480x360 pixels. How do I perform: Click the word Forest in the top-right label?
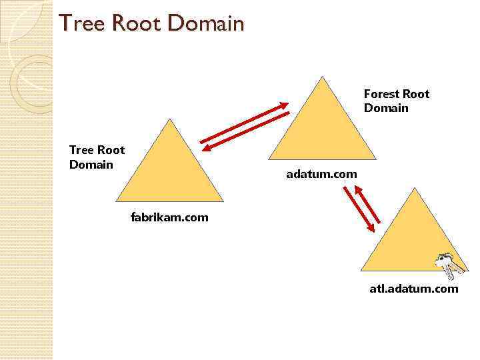coord(381,94)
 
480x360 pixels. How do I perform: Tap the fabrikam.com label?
coord(169,217)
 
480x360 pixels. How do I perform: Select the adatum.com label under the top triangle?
coord(321,174)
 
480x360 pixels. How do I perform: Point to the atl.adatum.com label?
coord(413,289)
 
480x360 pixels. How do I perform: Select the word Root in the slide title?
coord(136,24)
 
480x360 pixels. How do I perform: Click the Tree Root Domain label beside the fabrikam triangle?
coord(97,157)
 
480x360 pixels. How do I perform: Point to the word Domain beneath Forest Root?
coord(386,108)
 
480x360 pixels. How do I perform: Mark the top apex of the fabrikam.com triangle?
coord(170,120)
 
